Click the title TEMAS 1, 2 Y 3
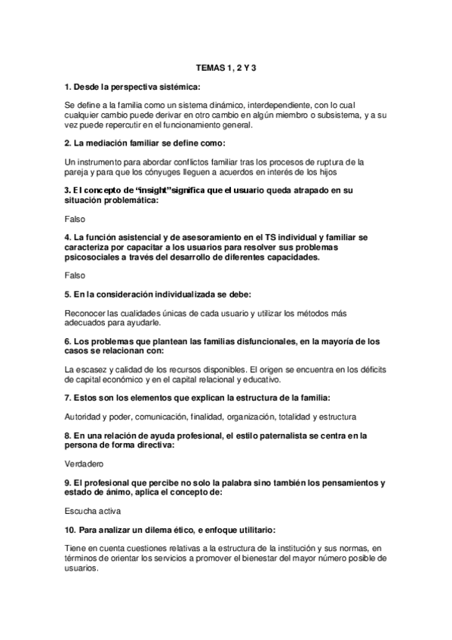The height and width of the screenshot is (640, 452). point(226,68)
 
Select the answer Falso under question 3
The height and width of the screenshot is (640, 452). point(75,218)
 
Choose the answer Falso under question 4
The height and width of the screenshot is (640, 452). point(75,274)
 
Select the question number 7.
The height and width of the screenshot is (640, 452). point(68,397)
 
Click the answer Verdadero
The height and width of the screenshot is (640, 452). point(85,463)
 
